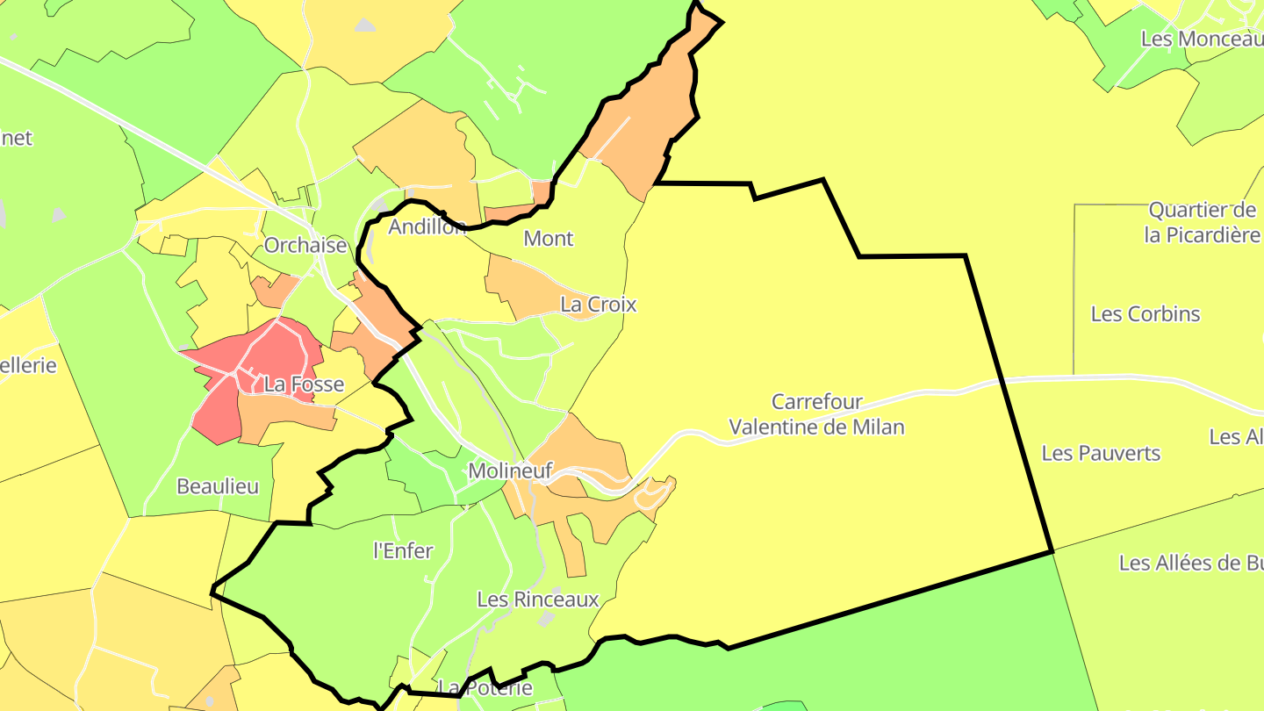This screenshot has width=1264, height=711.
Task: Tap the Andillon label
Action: [x=427, y=226]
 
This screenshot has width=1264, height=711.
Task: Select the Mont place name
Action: [x=548, y=238]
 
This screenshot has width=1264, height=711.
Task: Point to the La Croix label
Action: [x=598, y=305]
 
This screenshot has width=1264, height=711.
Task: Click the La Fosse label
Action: [x=304, y=384]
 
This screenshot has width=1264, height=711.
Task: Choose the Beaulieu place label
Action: [x=218, y=486]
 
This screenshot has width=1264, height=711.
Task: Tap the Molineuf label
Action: [x=509, y=471]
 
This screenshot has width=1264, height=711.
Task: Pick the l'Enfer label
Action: [x=403, y=551]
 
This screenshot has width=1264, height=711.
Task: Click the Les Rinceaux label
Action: [x=537, y=600]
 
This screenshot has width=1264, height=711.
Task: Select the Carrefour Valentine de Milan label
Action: [x=816, y=414]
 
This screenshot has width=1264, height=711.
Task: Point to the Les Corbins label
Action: [x=1145, y=314]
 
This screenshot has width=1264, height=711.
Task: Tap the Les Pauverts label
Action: [x=1101, y=454]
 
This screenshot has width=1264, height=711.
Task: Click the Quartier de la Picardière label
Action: [x=1201, y=223]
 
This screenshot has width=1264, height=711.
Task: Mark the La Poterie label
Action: [x=485, y=687]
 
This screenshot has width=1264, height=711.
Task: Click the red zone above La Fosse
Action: [x=263, y=351]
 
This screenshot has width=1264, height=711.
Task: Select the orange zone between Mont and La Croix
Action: [x=518, y=285]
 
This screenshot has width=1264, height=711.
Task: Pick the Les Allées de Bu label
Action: [x=1190, y=564]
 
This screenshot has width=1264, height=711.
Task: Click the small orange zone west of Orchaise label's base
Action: [x=274, y=290]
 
